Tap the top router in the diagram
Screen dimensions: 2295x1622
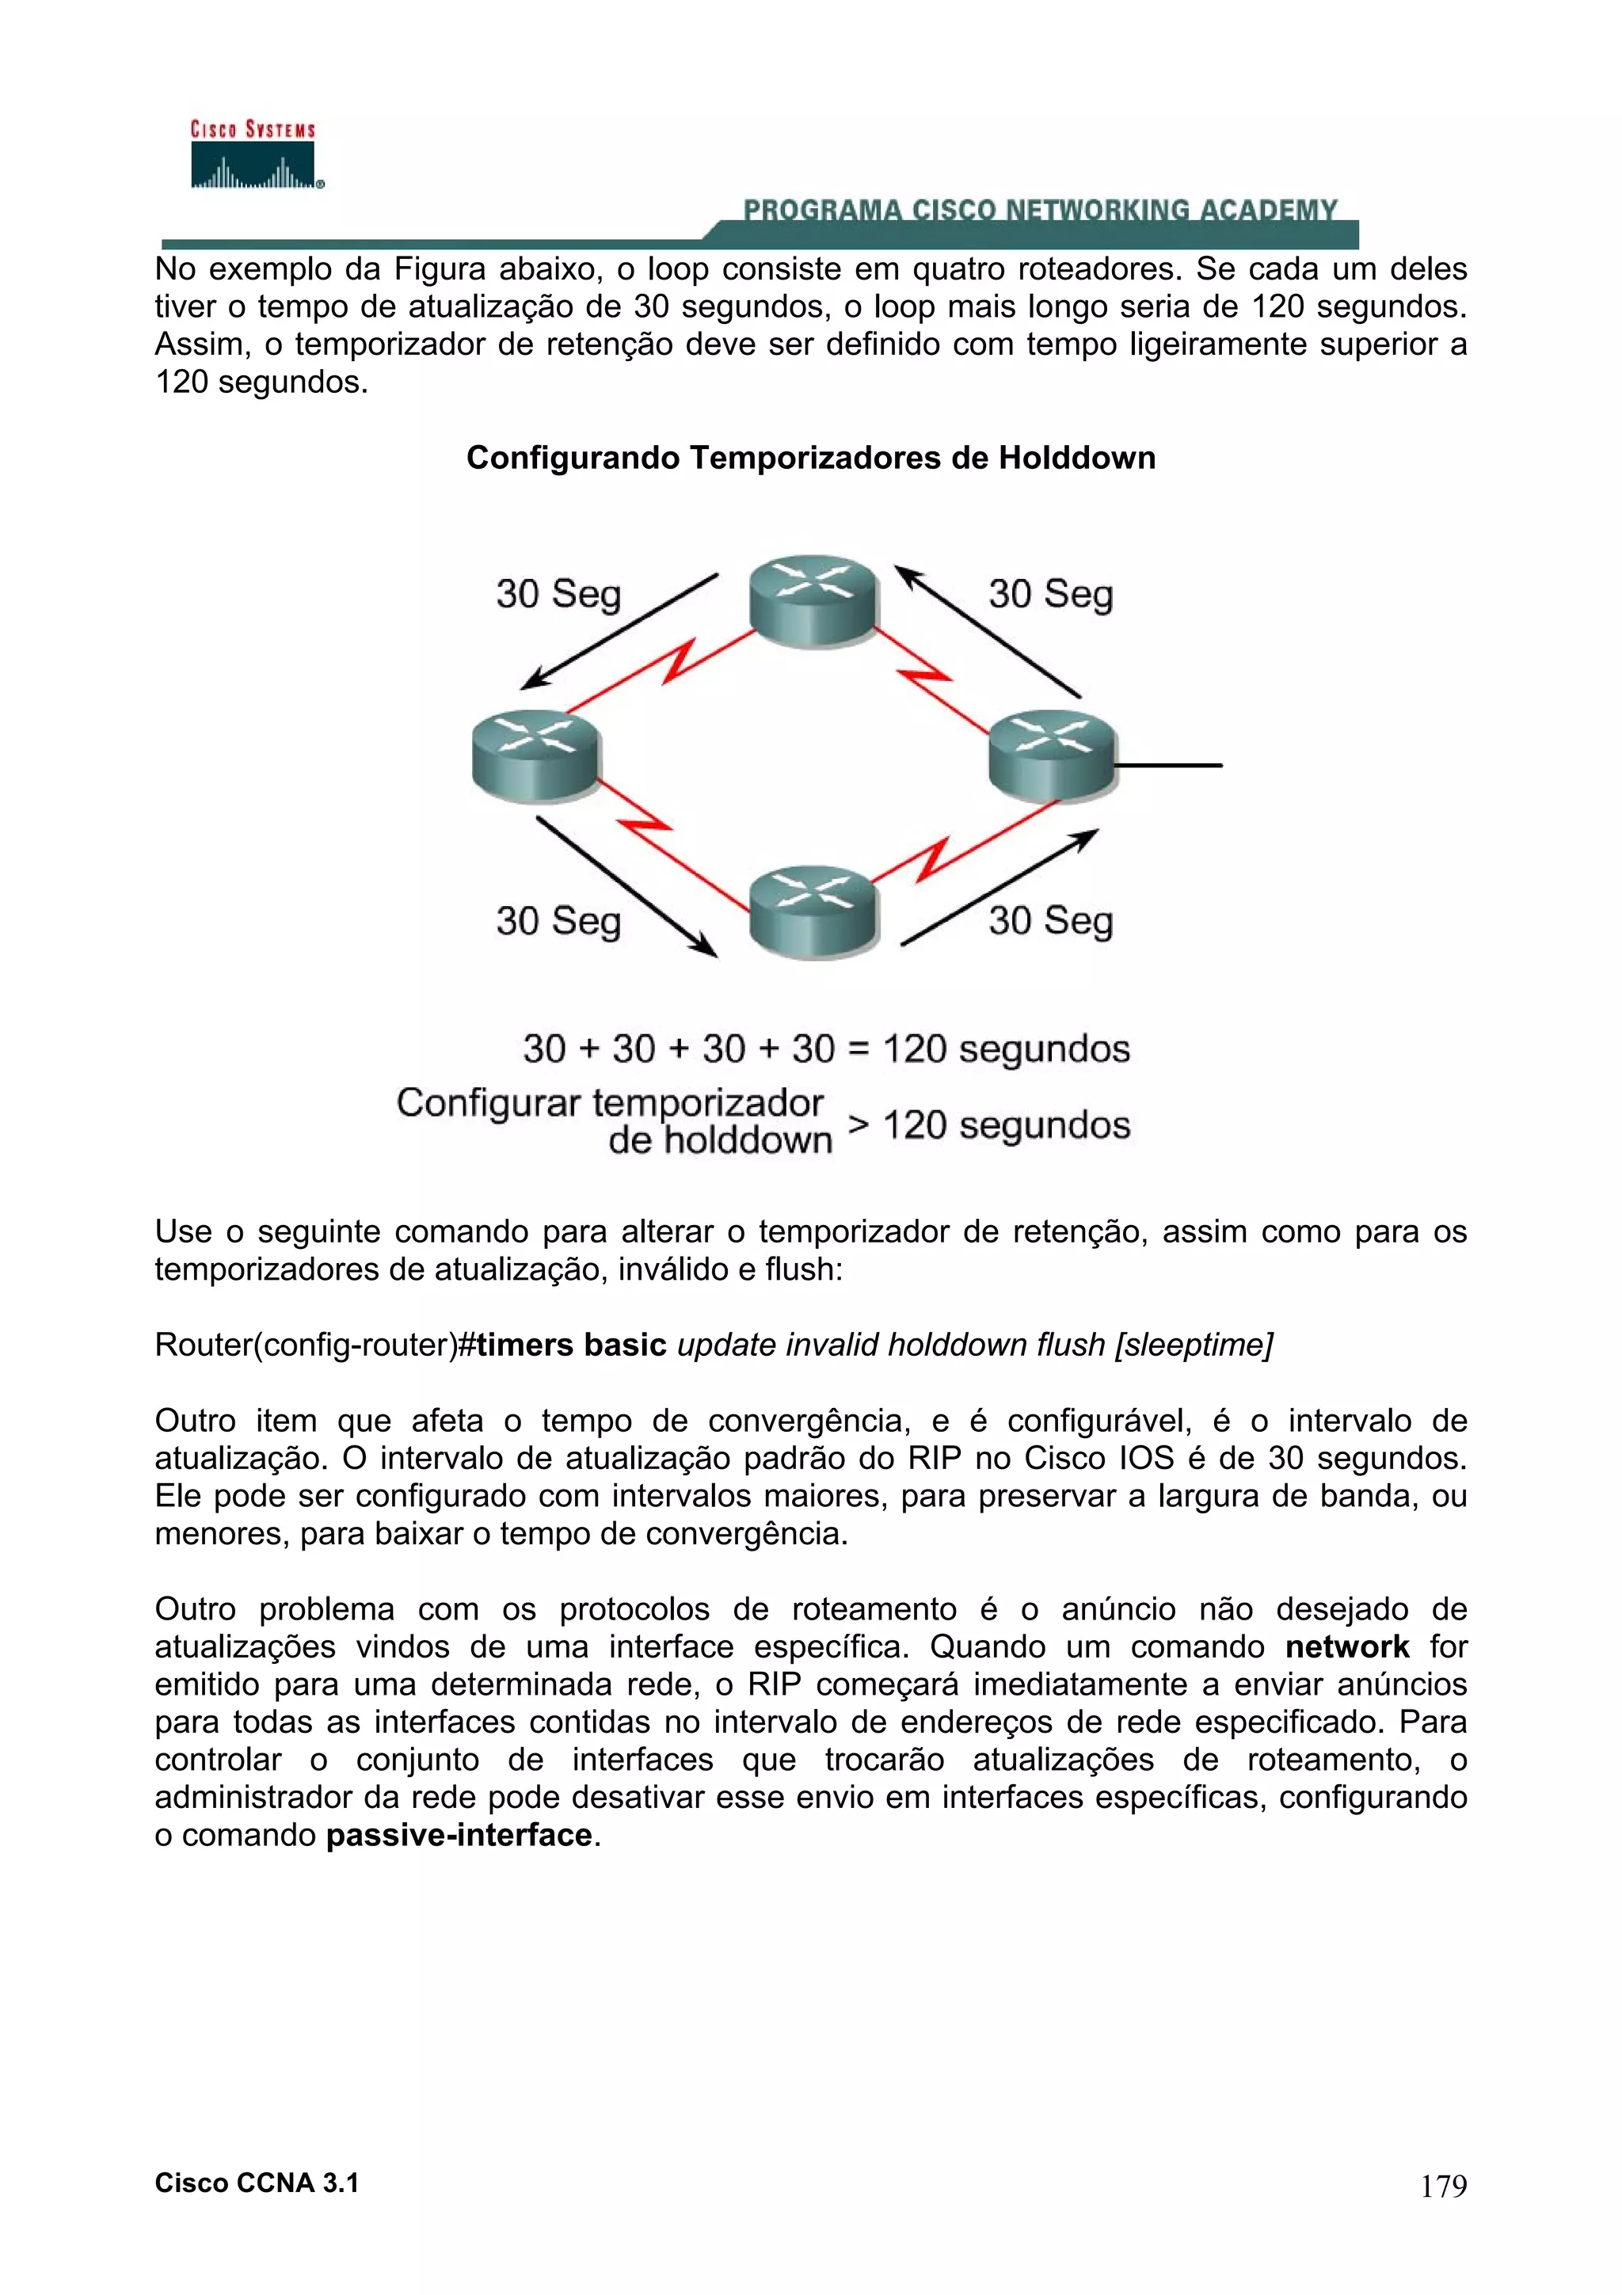pos(813,599)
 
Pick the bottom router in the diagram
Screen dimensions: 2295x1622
pos(813,911)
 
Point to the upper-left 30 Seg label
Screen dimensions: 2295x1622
pos(558,594)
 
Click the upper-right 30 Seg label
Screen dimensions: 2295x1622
pos(1050,594)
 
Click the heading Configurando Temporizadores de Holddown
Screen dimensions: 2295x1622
pos(810,458)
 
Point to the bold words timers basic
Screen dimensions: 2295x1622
pos(572,1345)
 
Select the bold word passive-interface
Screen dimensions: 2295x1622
pos(459,1835)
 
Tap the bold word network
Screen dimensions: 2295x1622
pos(1346,1647)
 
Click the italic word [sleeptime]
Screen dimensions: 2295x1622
pos(1194,1345)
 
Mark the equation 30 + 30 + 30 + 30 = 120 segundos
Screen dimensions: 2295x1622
pos(825,1049)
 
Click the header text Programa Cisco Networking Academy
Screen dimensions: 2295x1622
pos(1039,210)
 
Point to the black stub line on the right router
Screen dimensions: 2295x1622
pos(1169,766)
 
